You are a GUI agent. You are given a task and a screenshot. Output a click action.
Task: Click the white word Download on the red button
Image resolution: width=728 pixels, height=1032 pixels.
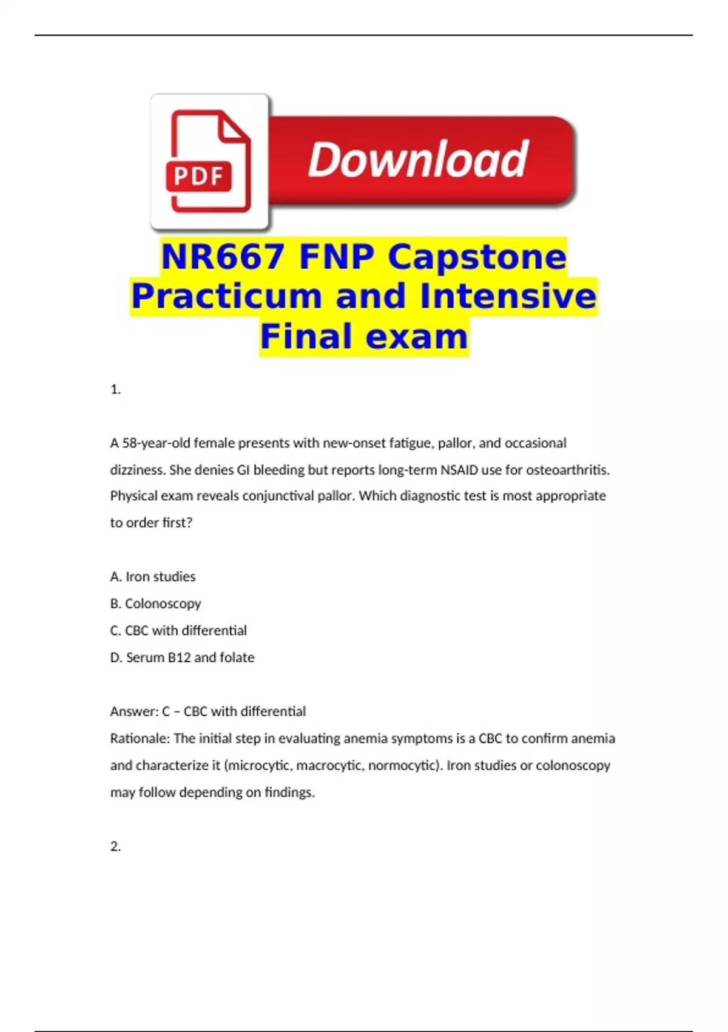coord(418,160)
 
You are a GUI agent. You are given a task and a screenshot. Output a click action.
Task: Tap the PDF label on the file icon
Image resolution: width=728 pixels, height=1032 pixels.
coord(198,177)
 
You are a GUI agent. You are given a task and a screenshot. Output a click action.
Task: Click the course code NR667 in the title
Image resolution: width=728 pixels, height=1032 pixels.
coord(223,257)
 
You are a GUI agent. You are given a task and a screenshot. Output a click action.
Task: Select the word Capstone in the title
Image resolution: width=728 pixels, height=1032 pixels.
coord(477,257)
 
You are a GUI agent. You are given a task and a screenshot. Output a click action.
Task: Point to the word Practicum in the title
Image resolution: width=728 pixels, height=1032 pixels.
coord(226,296)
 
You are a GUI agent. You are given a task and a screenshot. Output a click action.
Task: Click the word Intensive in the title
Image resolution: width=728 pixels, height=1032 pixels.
coord(508,296)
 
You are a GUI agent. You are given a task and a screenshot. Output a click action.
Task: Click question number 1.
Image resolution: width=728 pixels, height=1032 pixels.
coord(115,390)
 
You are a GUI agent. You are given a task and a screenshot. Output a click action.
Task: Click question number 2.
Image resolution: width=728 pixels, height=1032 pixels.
coord(115,846)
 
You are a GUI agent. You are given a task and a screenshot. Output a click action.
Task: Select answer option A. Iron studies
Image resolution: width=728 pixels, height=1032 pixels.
coord(153,577)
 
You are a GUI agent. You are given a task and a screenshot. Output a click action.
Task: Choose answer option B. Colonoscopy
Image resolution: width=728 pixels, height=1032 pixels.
coord(155,603)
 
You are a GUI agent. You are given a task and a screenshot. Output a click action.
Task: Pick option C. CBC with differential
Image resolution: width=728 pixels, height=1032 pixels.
coord(178,631)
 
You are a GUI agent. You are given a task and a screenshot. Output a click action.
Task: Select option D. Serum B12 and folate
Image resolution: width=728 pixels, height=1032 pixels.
coord(182,657)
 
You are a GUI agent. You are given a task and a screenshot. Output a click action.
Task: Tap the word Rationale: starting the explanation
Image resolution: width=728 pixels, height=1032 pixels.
coord(140,739)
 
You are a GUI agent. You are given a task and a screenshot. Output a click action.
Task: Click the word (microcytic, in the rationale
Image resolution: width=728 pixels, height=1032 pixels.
coord(258,766)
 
